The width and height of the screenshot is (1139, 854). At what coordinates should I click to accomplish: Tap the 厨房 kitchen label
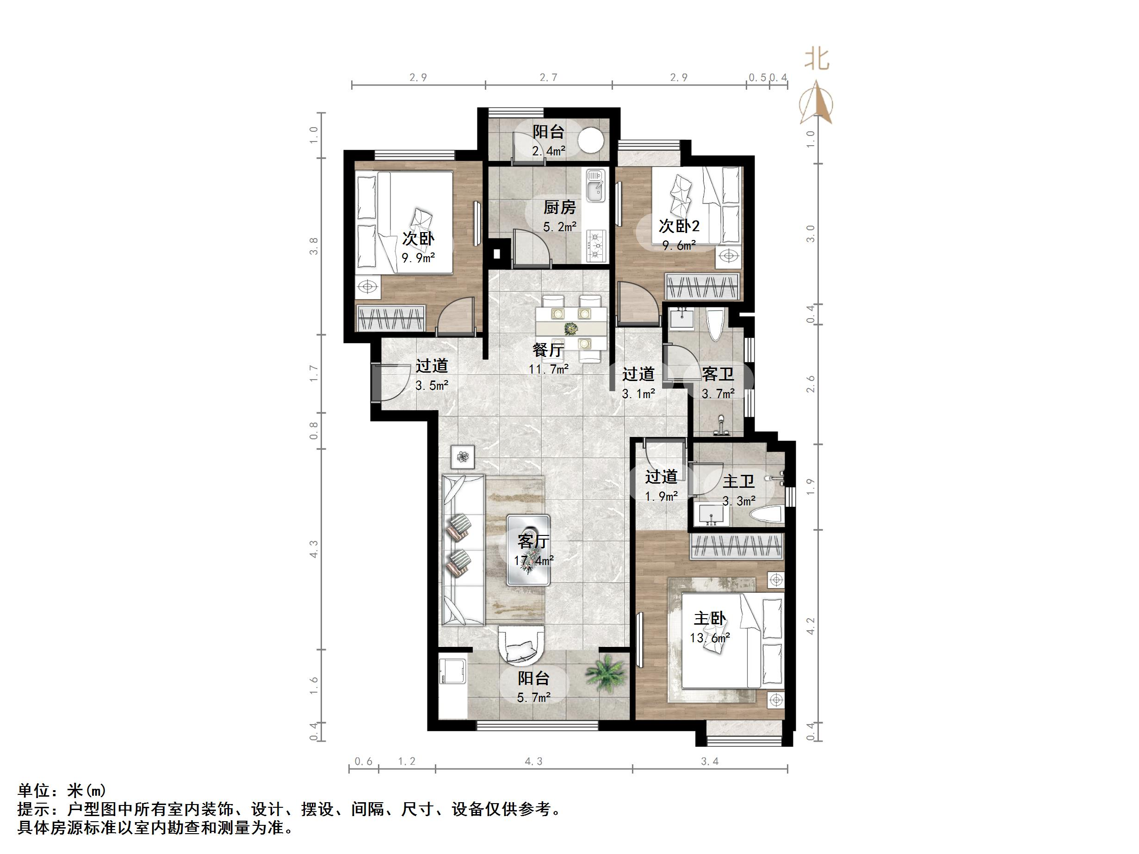click(x=560, y=208)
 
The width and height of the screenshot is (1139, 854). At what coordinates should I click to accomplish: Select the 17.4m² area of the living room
click(x=534, y=560)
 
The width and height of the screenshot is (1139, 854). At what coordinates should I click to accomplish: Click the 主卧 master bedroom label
click(x=710, y=619)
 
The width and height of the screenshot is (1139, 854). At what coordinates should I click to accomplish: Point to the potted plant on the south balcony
click(x=607, y=672)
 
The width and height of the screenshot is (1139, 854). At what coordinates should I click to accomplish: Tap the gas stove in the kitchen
click(x=596, y=246)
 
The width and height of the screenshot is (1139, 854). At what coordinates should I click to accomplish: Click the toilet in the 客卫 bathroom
click(x=716, y=324)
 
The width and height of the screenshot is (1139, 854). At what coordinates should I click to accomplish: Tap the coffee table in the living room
click(x=528, y=550)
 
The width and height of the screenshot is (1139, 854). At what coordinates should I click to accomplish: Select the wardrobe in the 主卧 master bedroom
click(x=737, y=546)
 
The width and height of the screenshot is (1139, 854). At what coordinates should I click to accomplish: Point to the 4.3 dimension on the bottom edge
click(x=533, y=762)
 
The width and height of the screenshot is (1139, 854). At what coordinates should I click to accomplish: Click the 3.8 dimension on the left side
click(x=314, y=246)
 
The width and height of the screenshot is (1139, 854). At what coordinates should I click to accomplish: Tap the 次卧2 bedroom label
click(x=679, y=226)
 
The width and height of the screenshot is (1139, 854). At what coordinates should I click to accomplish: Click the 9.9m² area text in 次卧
click(x=418, y=258)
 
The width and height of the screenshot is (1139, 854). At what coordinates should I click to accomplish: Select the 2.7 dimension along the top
click(x=548, y=77)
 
